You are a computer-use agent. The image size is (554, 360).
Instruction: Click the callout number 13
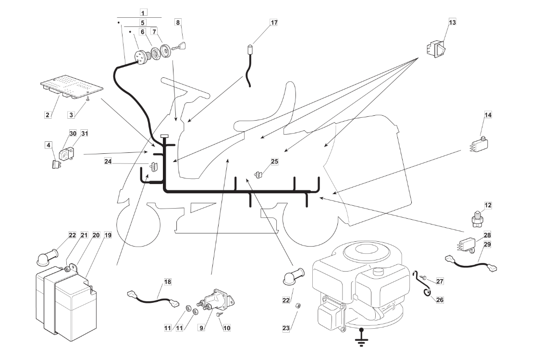(452, 22)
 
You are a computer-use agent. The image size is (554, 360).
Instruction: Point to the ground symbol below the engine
(361, 337)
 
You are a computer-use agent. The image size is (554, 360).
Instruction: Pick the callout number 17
(274, 22)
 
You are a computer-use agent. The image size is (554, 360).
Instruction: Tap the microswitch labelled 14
(480, 144)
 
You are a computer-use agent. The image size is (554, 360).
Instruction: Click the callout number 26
(440, 299)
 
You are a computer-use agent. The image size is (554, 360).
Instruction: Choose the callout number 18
(168, 282)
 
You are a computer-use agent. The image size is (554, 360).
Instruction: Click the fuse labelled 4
(56, 164)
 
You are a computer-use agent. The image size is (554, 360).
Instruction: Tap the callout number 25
(274, 161)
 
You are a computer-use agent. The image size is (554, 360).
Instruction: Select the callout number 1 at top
(143, 12)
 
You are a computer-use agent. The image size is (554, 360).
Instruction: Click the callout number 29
(487, 244)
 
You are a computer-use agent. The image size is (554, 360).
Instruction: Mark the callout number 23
(286, 328)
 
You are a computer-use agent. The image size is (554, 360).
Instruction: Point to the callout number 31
(85, 133)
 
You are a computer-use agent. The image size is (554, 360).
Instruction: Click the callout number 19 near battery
(108, 235)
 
